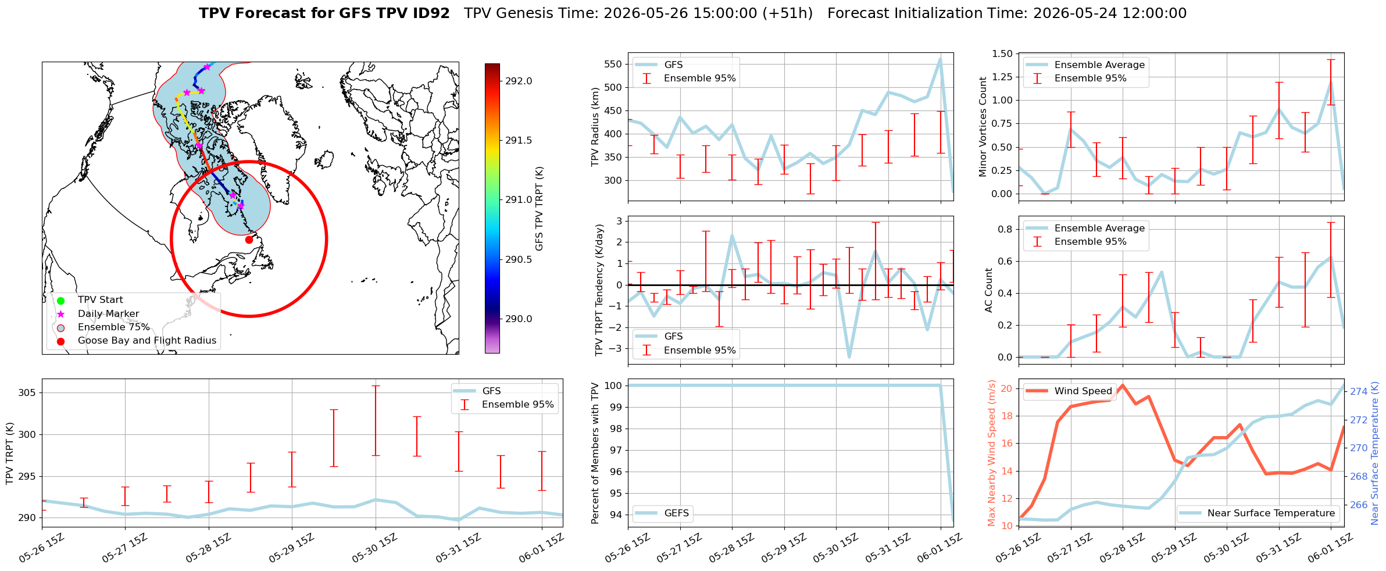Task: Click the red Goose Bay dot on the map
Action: coord(249,240)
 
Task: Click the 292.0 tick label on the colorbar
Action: coord(519,81)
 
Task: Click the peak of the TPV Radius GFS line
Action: coord(940,59)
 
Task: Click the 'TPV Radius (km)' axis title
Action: coord(595,127)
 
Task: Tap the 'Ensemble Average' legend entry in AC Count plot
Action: coord(1099,228)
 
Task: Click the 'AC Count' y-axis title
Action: coord(989,290)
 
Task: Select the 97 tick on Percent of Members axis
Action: coord(616,450)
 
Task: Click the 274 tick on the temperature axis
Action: coord(1359,392)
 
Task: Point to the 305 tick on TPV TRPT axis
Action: coord(27,392)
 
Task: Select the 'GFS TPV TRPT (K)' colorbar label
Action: coord(540,208)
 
